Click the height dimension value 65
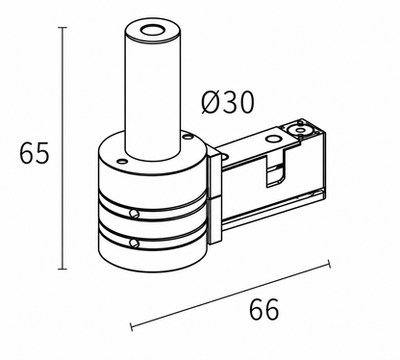[34, 153]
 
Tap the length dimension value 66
[264, 309]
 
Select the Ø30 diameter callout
[228, 102]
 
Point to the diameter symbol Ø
[212, 102]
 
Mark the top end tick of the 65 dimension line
[62, 28]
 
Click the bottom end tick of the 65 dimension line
[62, 269]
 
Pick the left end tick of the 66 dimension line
[132, 327]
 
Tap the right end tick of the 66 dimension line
[329, 264]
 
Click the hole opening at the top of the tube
[151, 31]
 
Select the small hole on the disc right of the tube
[186, 137]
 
